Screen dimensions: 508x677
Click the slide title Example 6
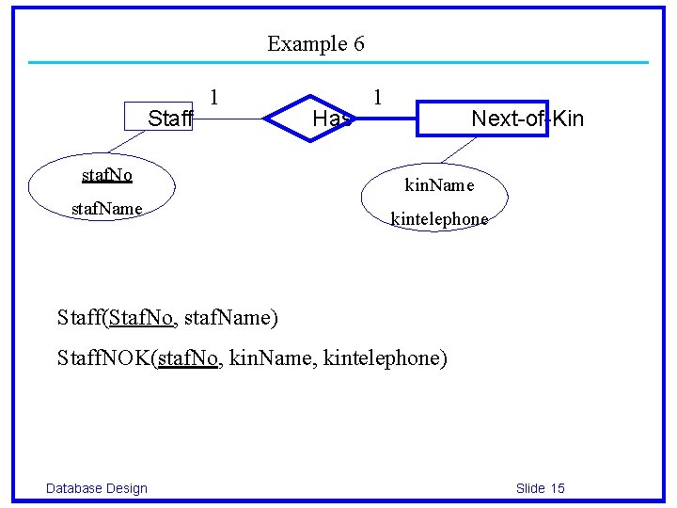pyautogui.click(x=315, y=43)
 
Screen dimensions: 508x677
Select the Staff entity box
pyautogui.click(x=159, y=118)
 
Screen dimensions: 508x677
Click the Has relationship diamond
pyautogui.click(x=310, y=119)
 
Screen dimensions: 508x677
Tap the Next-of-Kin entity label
pyautogui.click(x=527, y=119)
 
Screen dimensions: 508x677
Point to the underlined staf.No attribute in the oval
pyautogui.click(x=107, y=175)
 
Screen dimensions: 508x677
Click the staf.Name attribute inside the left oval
pyautogui.click(x=107, y=208)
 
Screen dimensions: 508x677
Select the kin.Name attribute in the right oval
pyautogui.click(x=439, y=185)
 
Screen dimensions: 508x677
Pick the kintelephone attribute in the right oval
pyautogui.click(x=439, y=219)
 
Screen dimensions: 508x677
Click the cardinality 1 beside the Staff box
pyautogui.click(x=215, y=97)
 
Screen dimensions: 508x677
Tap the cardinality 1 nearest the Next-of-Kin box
pyautogui.click(x=377, y=97)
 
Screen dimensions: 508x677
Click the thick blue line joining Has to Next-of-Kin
pyautogui.click(x=386, y=119)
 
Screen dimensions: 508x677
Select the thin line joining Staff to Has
pyautogui.click(x=230, y=119)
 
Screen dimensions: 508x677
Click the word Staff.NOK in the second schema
pyautogui.click(x=104, y=358)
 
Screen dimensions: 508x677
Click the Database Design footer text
pyautogui.click(x=97, y=487)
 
